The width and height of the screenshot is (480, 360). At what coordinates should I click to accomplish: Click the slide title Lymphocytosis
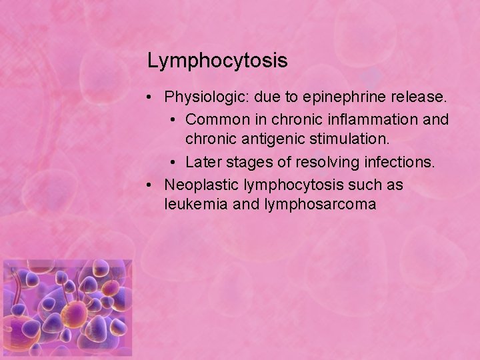[x=217, y=61]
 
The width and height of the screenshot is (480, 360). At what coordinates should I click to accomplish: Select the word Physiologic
[x=204, y=98]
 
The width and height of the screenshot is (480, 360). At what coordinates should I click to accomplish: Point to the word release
[x=417, y=98]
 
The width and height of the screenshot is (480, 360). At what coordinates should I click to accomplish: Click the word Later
[x=203, y=162]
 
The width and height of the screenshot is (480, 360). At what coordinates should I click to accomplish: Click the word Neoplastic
[x=202, y=183]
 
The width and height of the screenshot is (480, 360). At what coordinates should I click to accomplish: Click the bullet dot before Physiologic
[x=153, y=99]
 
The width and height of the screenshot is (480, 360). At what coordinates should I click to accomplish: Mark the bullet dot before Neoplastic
[x=153, y=184]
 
